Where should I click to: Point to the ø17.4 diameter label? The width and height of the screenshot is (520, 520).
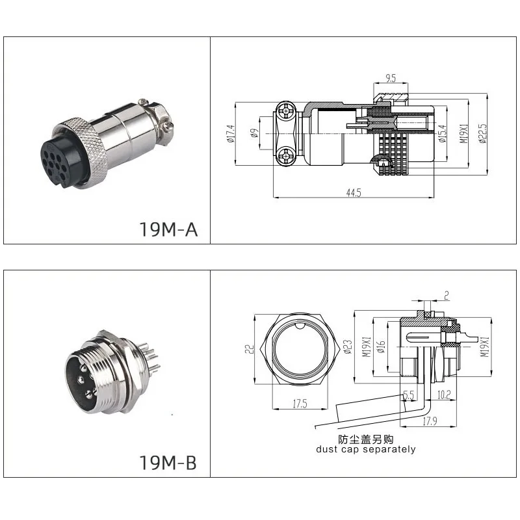(230, 135)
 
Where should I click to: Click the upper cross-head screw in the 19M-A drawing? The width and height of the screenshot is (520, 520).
(285, 112)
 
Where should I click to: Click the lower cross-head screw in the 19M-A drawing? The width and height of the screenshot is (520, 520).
(285, 156)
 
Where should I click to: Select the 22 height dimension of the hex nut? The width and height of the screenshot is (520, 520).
(249, 350)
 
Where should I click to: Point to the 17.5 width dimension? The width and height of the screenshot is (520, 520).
(300, 403)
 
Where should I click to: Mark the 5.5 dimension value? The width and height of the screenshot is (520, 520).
(409, 395)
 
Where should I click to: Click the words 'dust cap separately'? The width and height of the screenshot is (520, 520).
(365, 449)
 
